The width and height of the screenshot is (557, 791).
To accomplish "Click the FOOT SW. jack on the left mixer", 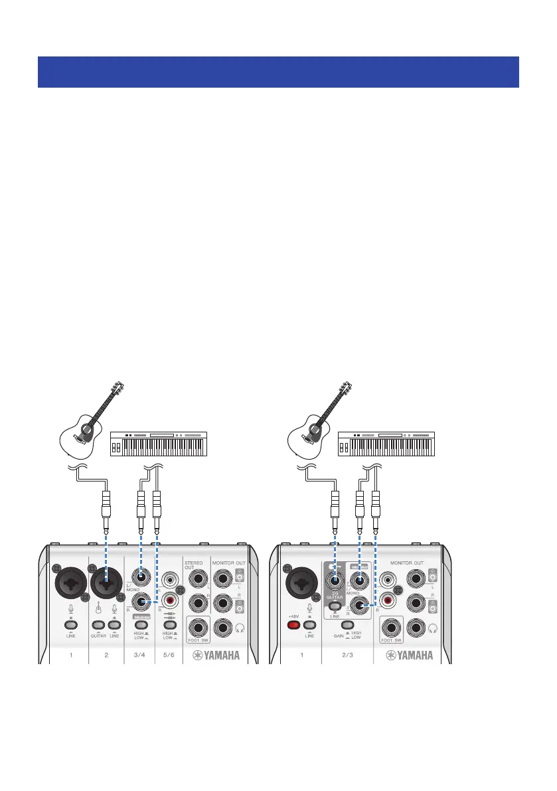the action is (x=197, y=626).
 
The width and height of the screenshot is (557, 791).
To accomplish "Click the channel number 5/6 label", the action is (x=169, y=655).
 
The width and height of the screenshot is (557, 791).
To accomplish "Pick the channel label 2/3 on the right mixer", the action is (x=346, y=655).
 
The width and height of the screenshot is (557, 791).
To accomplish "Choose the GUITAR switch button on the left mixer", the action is (x=98, y=625).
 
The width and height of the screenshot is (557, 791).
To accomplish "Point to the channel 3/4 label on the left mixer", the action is (x=139, y=655).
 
